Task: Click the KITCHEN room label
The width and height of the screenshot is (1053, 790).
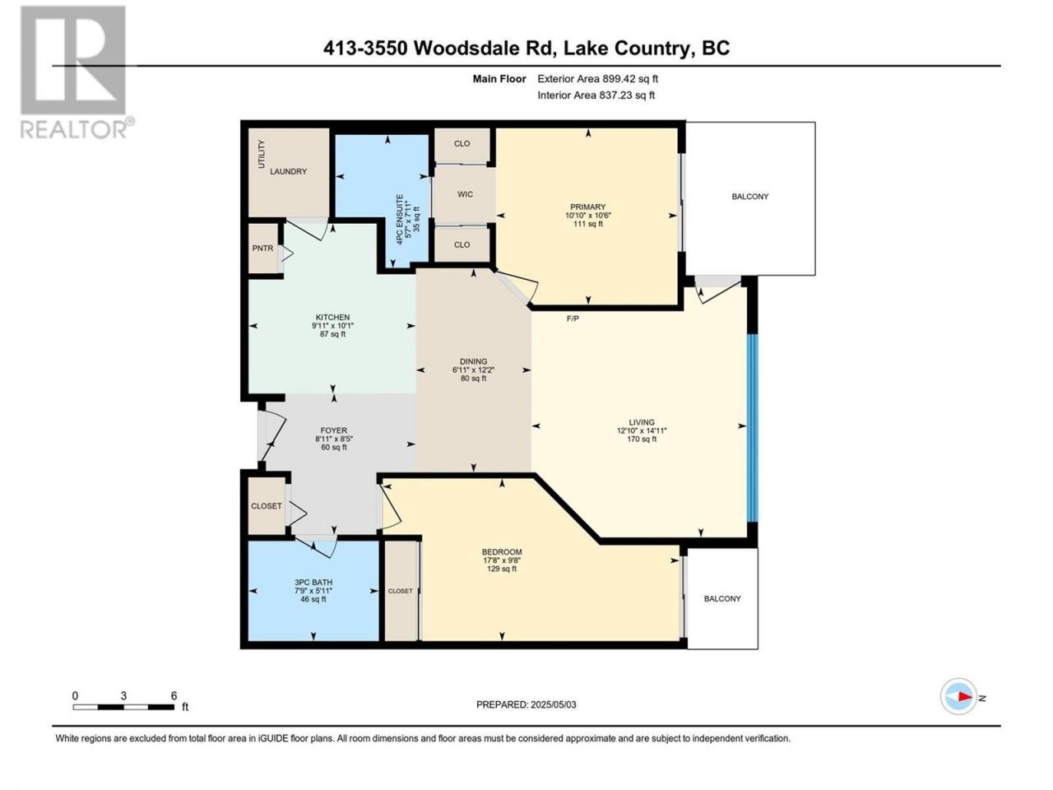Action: coord(332,317)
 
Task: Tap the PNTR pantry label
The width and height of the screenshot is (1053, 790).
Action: coord(262,248)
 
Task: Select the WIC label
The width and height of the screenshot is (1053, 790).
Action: coord(465,194)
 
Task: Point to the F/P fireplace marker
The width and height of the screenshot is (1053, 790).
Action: coord(573,318)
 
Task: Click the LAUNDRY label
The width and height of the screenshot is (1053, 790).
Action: coord(288,171)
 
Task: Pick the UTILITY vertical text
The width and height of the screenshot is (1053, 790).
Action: coord(262,154)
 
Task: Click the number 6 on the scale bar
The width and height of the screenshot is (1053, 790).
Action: coord(174,695)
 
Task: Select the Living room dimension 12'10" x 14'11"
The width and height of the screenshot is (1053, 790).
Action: coord(642,430)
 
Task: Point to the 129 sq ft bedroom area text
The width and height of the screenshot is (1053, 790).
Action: coord(502,569)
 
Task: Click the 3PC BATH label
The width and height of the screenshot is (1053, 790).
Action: coord(313,583)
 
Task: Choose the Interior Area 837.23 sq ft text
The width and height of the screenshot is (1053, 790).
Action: coord(596,95)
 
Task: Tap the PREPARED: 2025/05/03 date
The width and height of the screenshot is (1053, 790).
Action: coord(526,704)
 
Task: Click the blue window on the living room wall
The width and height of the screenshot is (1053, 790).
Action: coord(753,428)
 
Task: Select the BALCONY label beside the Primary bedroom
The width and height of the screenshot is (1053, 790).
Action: coord(749,196)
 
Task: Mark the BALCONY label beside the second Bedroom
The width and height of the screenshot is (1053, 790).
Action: coord(722,598)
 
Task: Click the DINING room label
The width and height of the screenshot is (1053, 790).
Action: coord(473,361)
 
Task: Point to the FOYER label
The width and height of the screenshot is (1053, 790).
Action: coord(334,430)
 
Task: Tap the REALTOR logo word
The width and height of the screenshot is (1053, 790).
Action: coord(73,129)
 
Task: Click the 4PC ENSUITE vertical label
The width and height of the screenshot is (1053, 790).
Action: coord(400,220)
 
